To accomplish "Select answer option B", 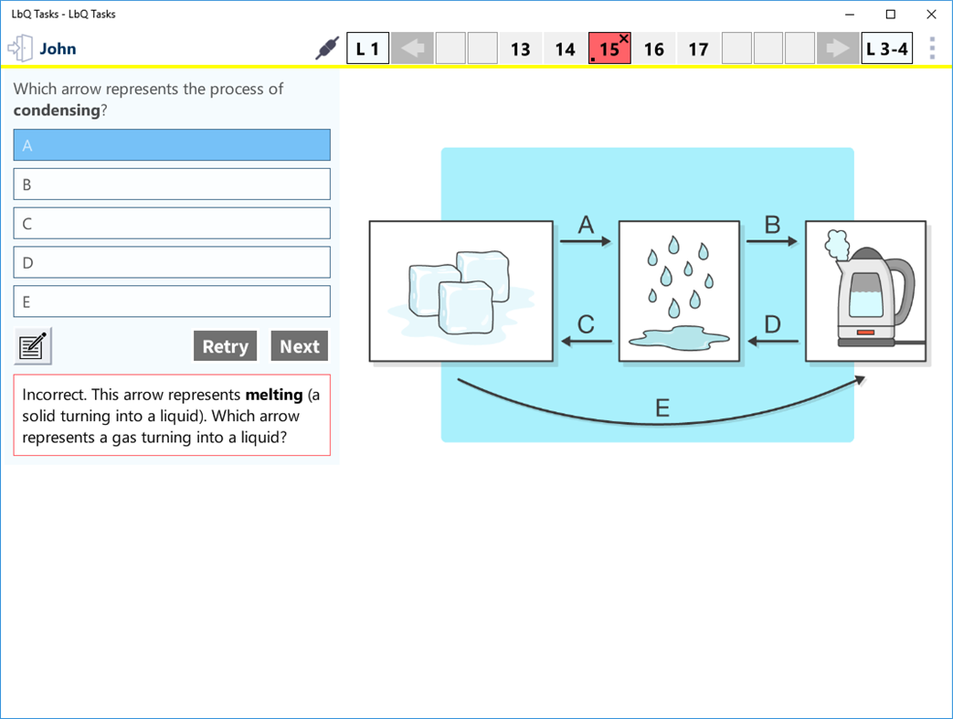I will coord(172,185).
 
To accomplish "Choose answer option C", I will coord(172,224).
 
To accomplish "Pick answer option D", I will coord(172,263).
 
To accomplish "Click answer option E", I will coord(172,301).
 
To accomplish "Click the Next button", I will coord(299,346).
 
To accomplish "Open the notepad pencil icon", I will coord(34,346).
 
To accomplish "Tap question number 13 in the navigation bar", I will coord(521,49).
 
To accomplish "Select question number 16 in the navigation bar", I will coord(654,49).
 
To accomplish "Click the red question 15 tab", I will coord(609,49).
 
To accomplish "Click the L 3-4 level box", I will coord(886,49).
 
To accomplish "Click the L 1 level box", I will coord(367,49).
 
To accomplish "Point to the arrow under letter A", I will coord(586,242).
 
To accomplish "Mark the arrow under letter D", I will coord(773,343).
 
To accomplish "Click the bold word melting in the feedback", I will coord(274,396).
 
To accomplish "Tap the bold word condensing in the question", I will coord(56,111).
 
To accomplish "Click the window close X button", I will coord(931,15).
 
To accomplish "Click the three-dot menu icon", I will coord(932,48).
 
